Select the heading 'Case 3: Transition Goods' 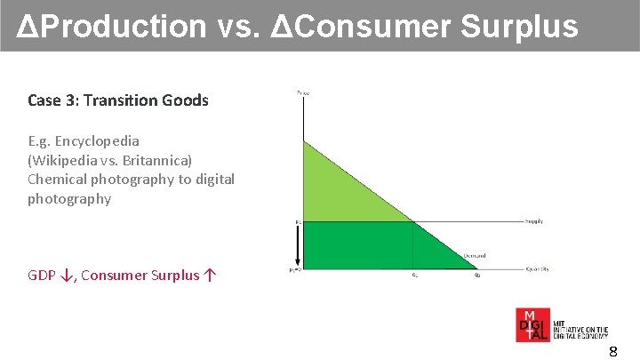click(118, 100)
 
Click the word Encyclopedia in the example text click(97, 140)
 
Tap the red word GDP click(42, 275)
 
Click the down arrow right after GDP click(67, 275)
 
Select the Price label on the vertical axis click(303, 92)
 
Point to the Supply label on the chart click(533, 221)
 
